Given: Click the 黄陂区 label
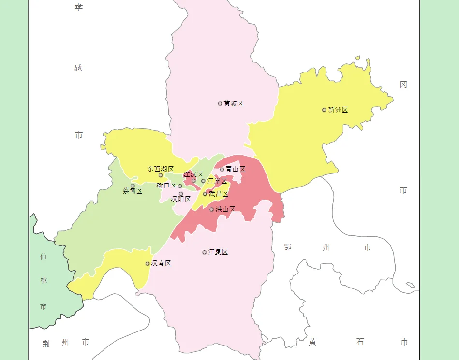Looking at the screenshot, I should tap(233, 103).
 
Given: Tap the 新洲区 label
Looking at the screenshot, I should tap(338, 110).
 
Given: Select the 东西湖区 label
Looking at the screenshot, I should tap(161, 169).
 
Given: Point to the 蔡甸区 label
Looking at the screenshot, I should tap(133, 191).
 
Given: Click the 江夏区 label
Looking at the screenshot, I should tap(218, 252).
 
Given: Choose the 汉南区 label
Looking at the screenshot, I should tap(161, 263).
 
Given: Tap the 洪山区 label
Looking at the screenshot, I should tap(225, 209).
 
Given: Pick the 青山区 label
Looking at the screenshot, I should tap(236, 169).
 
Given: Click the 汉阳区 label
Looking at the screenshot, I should tap(181, 199).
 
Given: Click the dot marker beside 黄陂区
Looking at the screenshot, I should tap(220, 103).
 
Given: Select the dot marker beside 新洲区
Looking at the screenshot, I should tap(324, 110).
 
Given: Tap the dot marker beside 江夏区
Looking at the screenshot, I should tap(205, 252).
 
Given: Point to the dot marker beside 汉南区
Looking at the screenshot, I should tap(148, 263).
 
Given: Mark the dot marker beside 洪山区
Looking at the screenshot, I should tap(211, 209).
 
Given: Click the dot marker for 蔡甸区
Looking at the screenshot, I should tap(133, 186).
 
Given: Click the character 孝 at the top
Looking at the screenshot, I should tap(78, 7).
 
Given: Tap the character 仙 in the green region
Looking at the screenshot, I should tap(44, 257).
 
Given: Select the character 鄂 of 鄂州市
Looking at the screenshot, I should tap(288, 247).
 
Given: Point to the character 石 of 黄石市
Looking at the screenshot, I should tap(360, 342).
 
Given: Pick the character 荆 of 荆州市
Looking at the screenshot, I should tap(46, 344).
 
